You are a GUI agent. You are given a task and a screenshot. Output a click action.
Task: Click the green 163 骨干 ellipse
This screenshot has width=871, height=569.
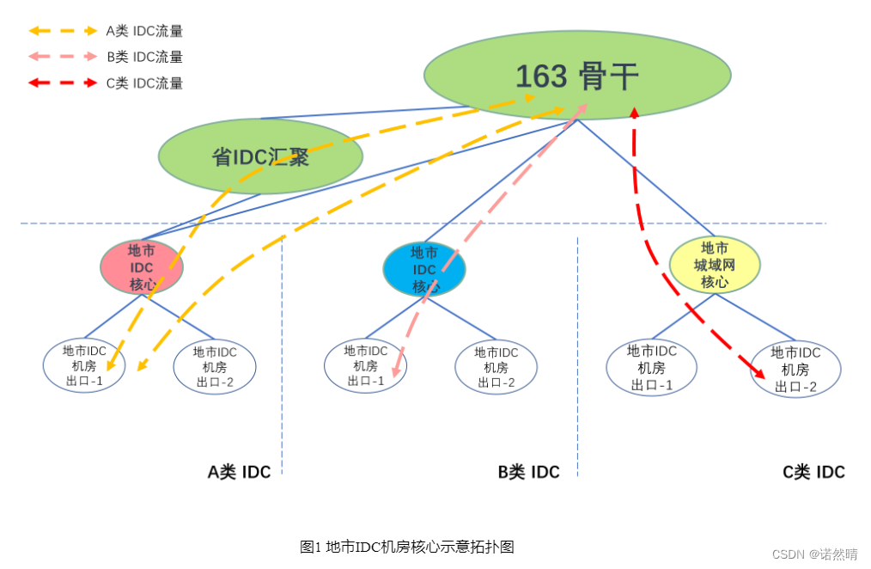(x=577, y=75)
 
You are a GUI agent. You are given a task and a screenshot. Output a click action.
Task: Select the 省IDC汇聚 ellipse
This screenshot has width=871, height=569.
(x=260, y=157)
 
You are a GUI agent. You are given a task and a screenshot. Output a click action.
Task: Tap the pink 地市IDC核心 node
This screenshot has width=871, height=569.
(x=142, y=267)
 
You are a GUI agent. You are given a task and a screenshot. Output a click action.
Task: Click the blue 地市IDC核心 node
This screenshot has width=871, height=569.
(x=423, y=269)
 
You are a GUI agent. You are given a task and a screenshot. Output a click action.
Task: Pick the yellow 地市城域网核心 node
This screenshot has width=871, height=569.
(x=715, y=265)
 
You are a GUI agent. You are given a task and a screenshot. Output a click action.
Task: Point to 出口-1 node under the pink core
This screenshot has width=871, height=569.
(x=84, y=366)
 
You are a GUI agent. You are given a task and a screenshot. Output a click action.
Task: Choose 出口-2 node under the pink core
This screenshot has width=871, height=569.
(x=215, y=367)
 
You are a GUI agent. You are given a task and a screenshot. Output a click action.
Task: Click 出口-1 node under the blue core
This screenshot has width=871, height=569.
(x=365, y=366)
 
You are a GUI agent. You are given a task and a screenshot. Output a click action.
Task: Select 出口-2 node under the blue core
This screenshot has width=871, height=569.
(x=496, y=367)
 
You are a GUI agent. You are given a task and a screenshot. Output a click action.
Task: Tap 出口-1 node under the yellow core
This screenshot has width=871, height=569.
(x=651, y=368)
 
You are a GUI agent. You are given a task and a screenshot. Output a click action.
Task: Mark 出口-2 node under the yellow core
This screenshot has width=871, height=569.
(x=795, y=370)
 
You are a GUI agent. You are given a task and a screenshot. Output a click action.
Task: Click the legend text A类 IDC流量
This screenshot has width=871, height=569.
(x=144, y=32)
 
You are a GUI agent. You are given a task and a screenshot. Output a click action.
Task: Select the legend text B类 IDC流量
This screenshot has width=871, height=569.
(x=144, y=58)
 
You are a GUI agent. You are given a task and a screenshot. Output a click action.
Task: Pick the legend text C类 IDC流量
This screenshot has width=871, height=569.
(x=144, y=83)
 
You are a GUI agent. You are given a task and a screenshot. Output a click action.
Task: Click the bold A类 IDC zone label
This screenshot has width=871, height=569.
(x=239, y=472)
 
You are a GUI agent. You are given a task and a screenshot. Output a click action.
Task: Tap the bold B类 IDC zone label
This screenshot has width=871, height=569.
(x=528, y=472)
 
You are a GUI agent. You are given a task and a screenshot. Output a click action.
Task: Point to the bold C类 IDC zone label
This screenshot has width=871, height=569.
(x=813, y=472)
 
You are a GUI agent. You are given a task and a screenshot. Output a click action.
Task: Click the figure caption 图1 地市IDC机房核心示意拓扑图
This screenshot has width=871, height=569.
(x=407, y=547)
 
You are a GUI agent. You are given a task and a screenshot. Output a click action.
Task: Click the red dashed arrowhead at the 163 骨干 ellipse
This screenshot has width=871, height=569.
(x=634, y=113)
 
